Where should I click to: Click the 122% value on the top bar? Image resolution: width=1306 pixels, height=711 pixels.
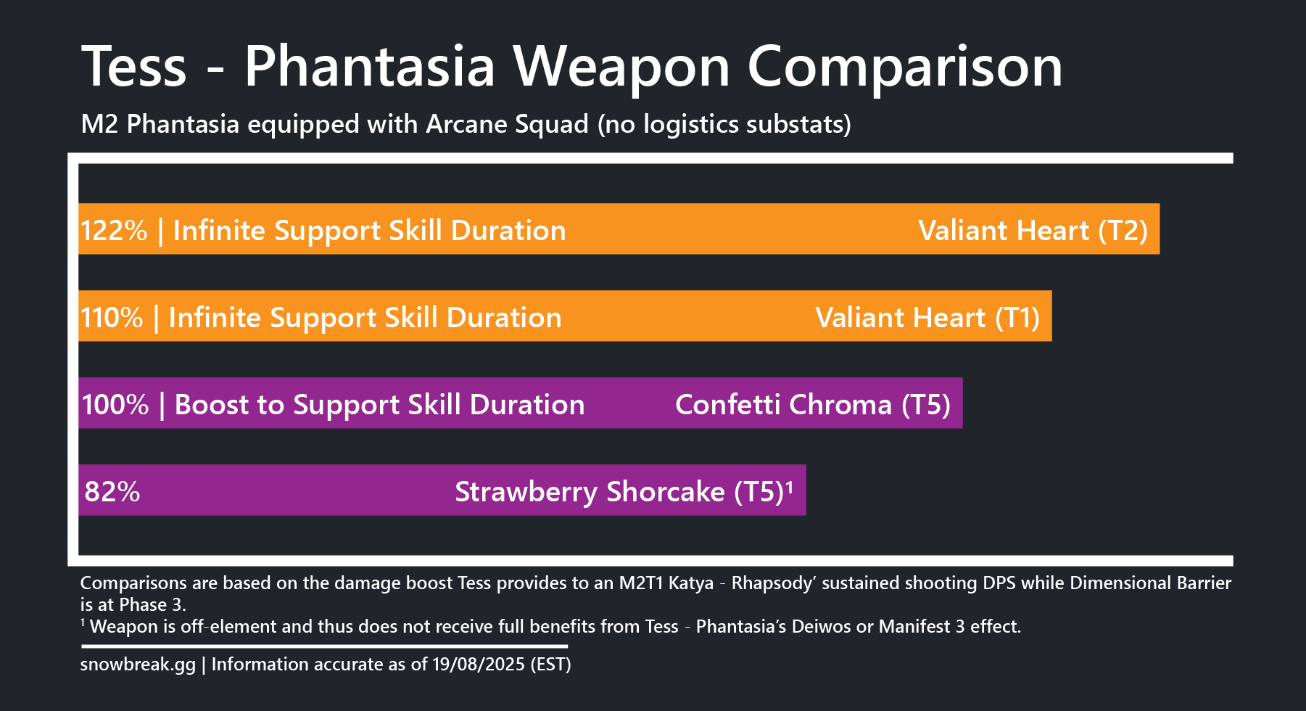(114, 231)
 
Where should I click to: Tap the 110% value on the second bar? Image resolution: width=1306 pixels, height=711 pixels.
(112, 318)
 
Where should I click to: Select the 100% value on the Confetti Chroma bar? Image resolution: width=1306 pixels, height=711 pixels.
(115, 405)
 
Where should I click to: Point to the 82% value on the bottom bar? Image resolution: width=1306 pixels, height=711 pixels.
(112, 492)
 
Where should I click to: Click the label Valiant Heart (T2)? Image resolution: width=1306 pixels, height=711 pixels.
(1033, 231)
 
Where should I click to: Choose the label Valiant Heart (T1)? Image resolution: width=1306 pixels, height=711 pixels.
(927, 318)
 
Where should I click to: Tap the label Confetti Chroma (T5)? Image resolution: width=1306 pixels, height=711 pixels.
(813, 406)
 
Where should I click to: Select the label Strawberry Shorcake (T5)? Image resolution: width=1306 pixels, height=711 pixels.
(619, 493)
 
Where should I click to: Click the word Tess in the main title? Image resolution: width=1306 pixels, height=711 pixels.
(134, 67)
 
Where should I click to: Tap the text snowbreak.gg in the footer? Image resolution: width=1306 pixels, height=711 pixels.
(138, 665)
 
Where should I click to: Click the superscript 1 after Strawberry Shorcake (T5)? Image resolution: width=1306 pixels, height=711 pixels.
(790, 486)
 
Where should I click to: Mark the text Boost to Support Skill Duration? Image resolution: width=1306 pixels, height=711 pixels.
(379, 406)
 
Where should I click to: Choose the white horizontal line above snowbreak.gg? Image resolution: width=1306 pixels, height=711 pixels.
(324, 646)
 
